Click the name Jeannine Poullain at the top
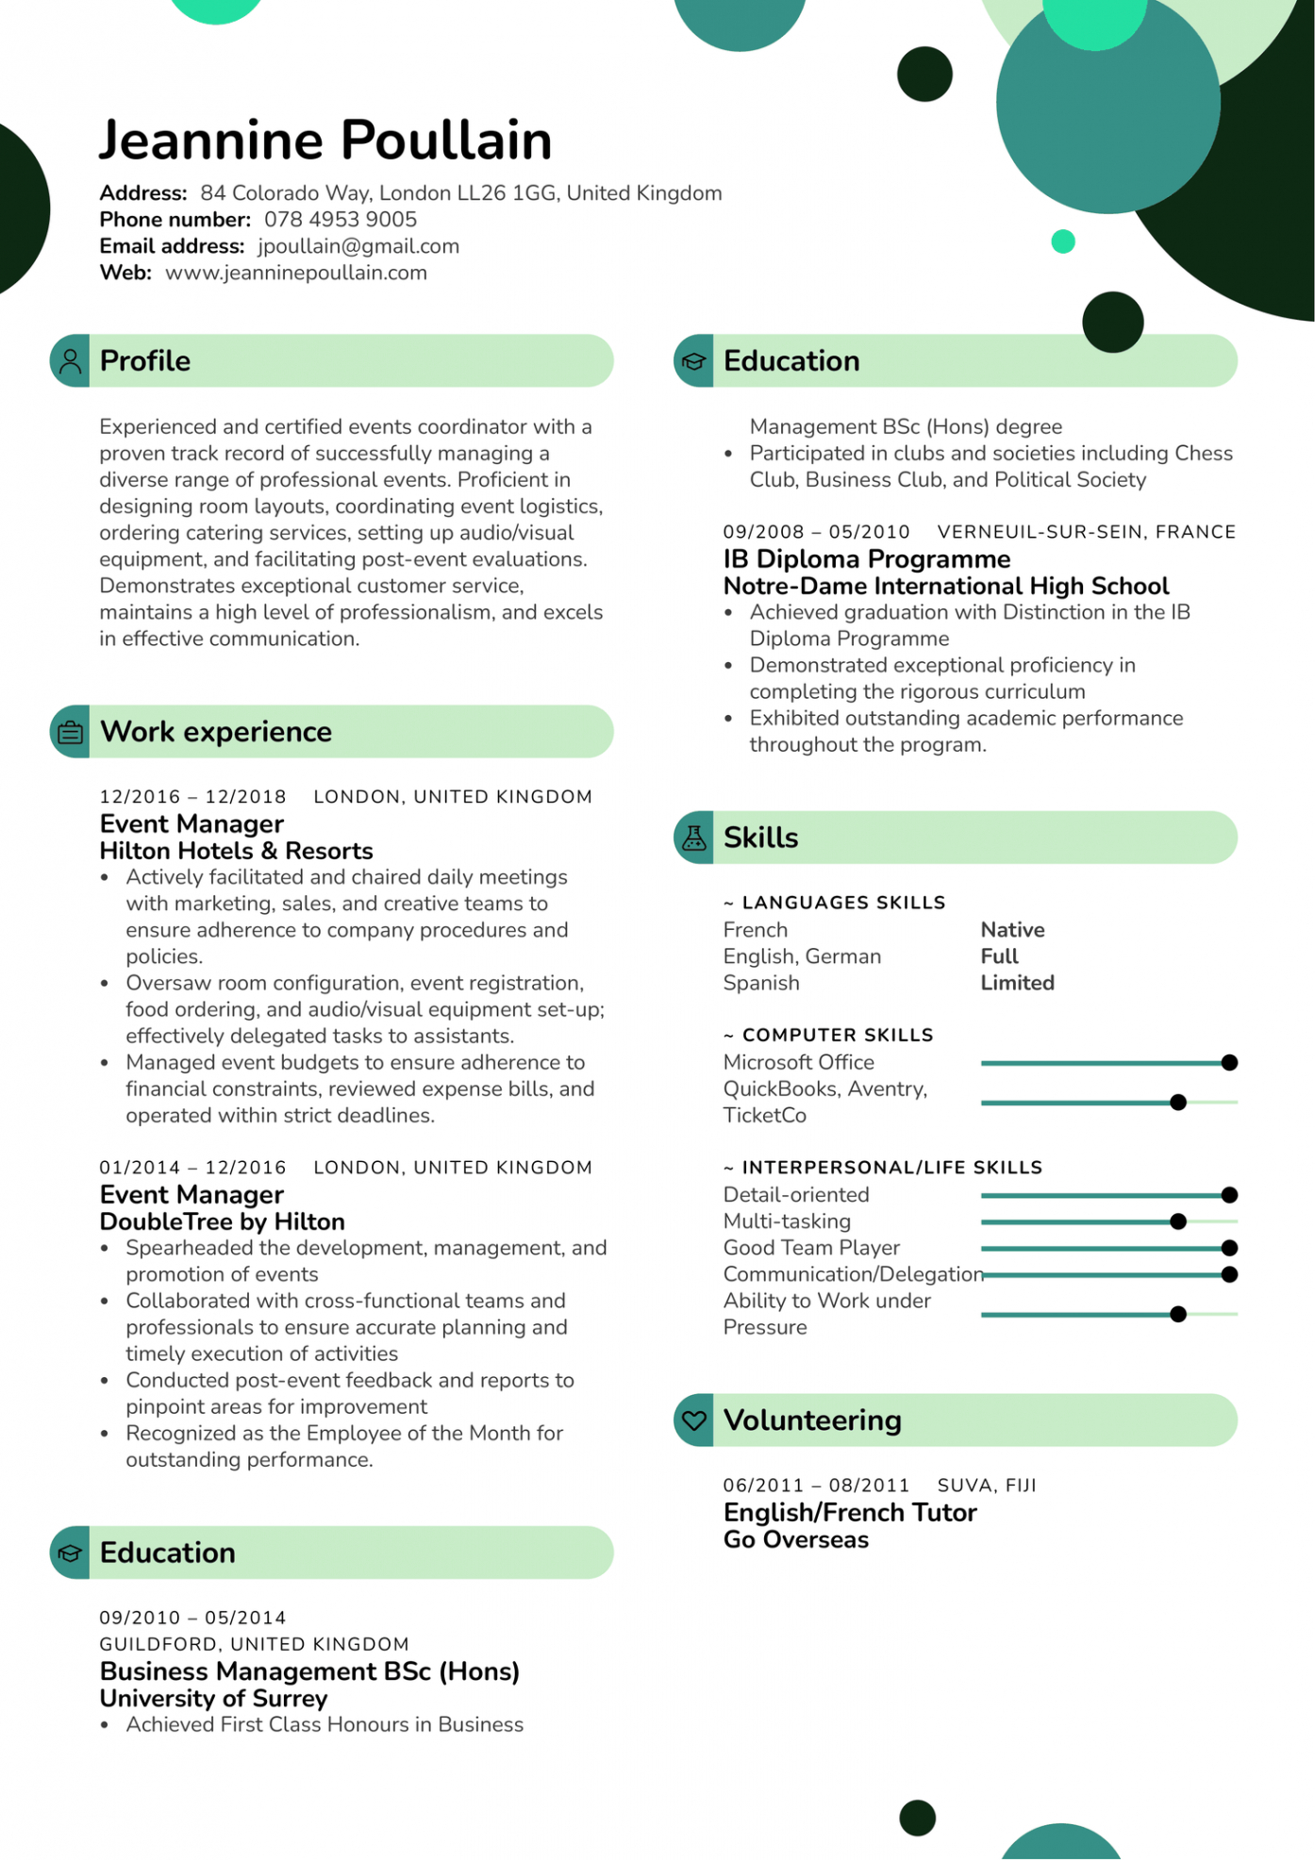coord(325,141)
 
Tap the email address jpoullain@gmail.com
coord(358,246)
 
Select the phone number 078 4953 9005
coord(341,220)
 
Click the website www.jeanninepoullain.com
coord(296,273)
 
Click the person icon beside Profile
coord(71,361)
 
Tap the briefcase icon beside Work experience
coord(71,732)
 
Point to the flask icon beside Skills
coord(694,838)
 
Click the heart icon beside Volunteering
coord(694,1420)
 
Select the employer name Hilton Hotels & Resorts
coord(237,851)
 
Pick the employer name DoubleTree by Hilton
coord(223,1221)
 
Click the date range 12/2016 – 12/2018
coord(192,797)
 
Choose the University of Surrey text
coord(214,1698)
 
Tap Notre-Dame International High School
coord(946,586)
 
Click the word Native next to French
coord(1012,930)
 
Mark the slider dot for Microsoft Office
coord(1229,1063)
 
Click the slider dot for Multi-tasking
coord(1178,1221)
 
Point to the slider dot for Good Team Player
coord(1229,1248)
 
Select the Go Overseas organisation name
coord(796,1539)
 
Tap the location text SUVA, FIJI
coord(987,1486)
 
